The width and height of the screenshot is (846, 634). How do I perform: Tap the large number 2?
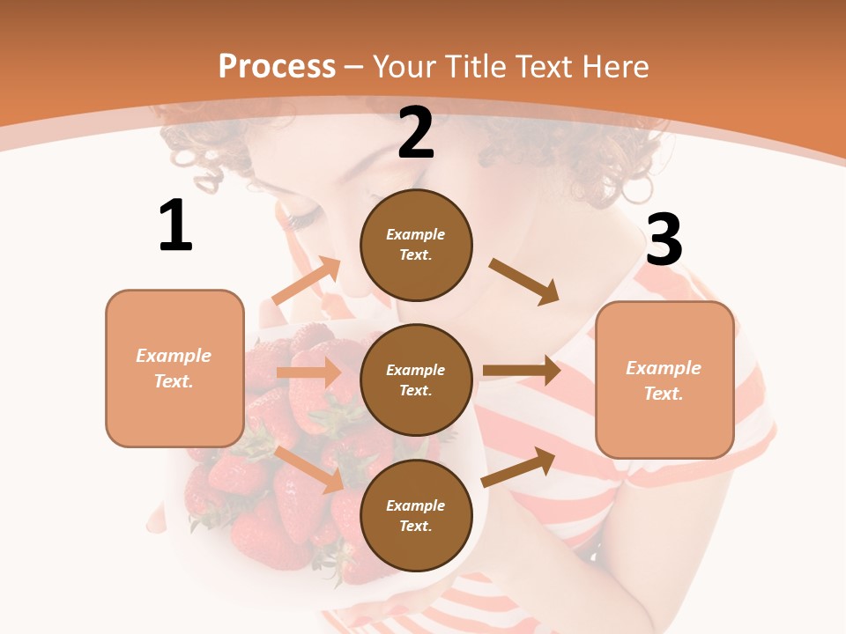(x=416, y=133)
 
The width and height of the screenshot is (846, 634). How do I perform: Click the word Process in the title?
(x=277, y=66)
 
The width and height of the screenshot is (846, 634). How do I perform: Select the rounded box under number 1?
(x=174, y=368)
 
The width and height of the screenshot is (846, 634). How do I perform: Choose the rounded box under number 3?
(x=664, y=380)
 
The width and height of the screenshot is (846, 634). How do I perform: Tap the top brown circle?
(x=416, y=245)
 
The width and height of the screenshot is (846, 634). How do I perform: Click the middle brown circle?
(x=416, y=380)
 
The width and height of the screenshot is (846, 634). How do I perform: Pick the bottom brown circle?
(x=416, y=515)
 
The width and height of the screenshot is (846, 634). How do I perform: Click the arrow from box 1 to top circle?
(x=306, y=281)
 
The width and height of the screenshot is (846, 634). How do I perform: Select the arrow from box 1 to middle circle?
(x=308, y=372)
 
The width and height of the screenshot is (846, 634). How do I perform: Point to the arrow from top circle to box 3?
(x=524, y=282)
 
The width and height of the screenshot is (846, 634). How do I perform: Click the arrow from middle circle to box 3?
(x=522, y=371)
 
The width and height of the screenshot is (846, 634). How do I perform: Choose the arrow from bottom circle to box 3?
(x=519, y=467)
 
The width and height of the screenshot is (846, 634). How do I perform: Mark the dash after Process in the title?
(x=354, y=66)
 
